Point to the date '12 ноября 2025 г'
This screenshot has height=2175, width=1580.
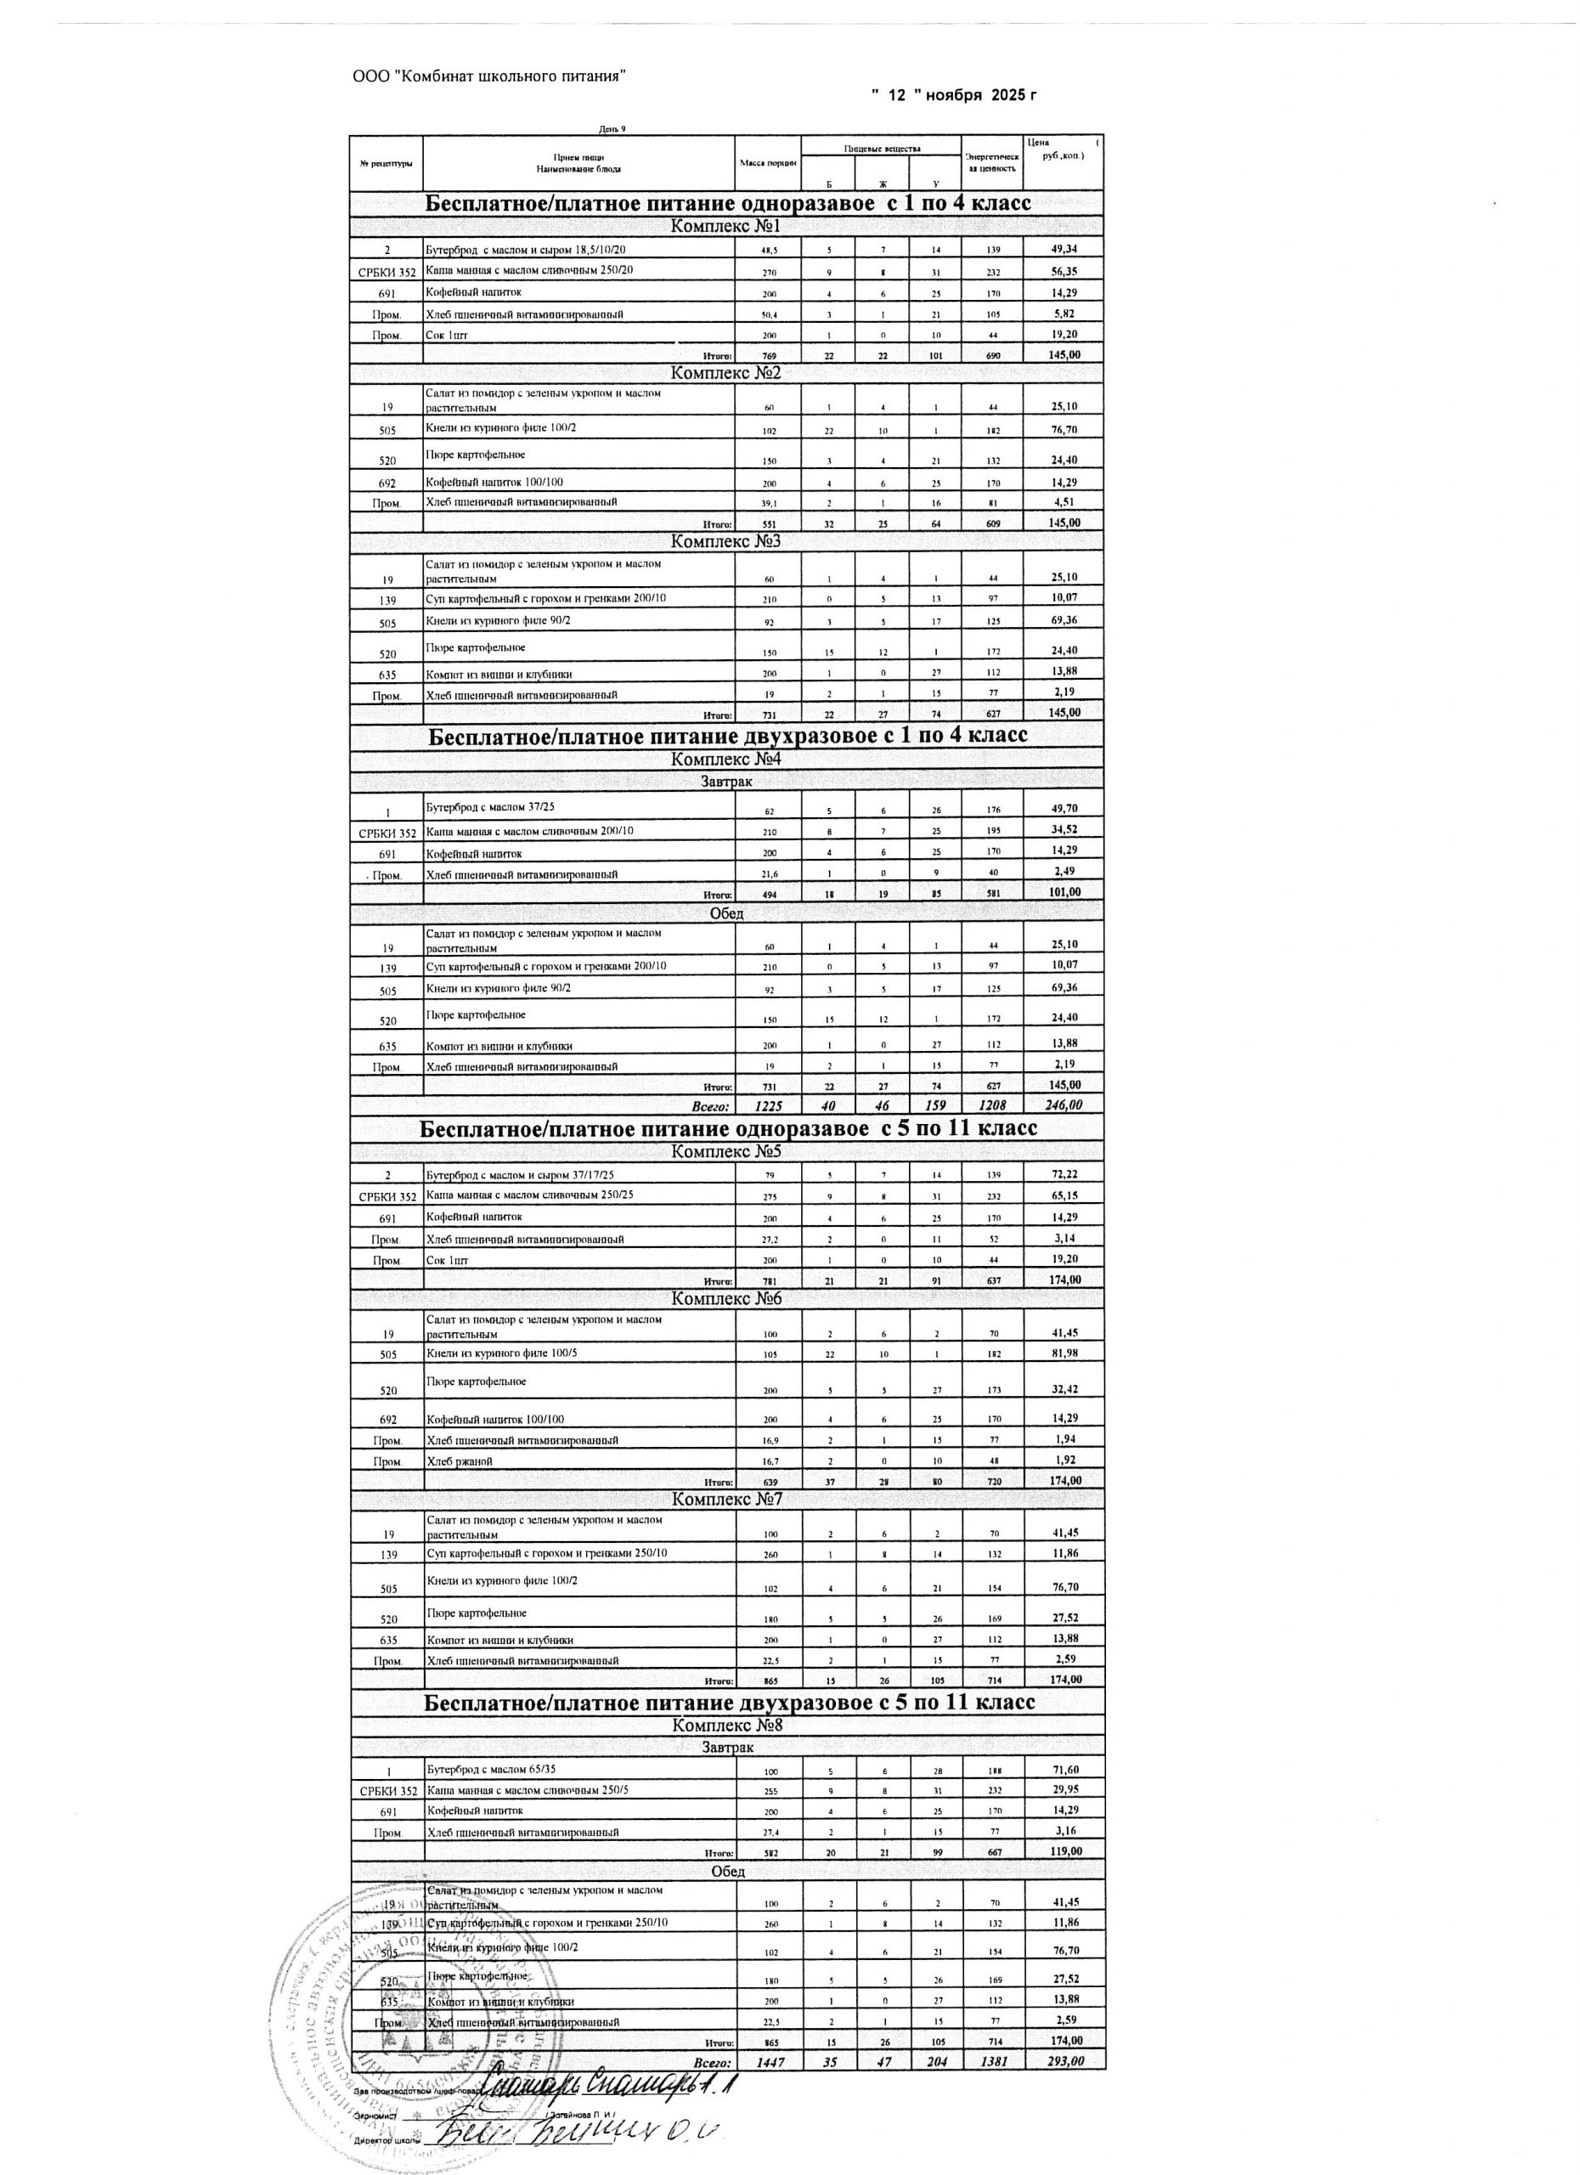(x=955, y=96)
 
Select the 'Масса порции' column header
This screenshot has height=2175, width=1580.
(x=769, y=163)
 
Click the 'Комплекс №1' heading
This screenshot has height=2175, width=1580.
(x=725, y=228)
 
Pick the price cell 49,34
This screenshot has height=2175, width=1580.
(x=1064, y=249)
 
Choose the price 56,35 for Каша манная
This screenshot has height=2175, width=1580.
(x=1064, y=271)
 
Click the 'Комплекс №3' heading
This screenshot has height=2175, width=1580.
(x=725, y=542)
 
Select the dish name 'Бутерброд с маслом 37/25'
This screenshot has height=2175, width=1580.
(x=490, y=807)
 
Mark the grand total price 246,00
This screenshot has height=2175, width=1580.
(x=1064, y=1104)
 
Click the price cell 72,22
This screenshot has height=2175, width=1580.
(x=1064, y=1175)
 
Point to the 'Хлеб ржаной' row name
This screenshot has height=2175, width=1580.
(x=460, y=1461)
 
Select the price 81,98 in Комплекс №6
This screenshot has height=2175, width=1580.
(x=1064, y=1353)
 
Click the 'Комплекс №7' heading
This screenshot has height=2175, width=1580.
(x=725, y=1499)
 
